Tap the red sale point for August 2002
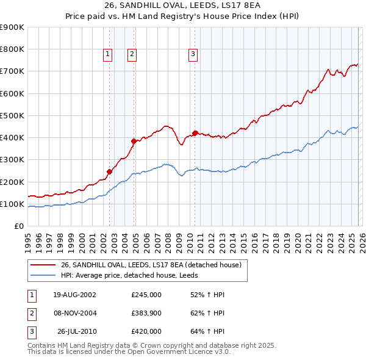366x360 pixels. coord(110,172)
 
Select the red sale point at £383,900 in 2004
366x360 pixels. coord(134,141)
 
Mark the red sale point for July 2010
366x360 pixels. coord(195,133)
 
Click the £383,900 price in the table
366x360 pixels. coord(146,313)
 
